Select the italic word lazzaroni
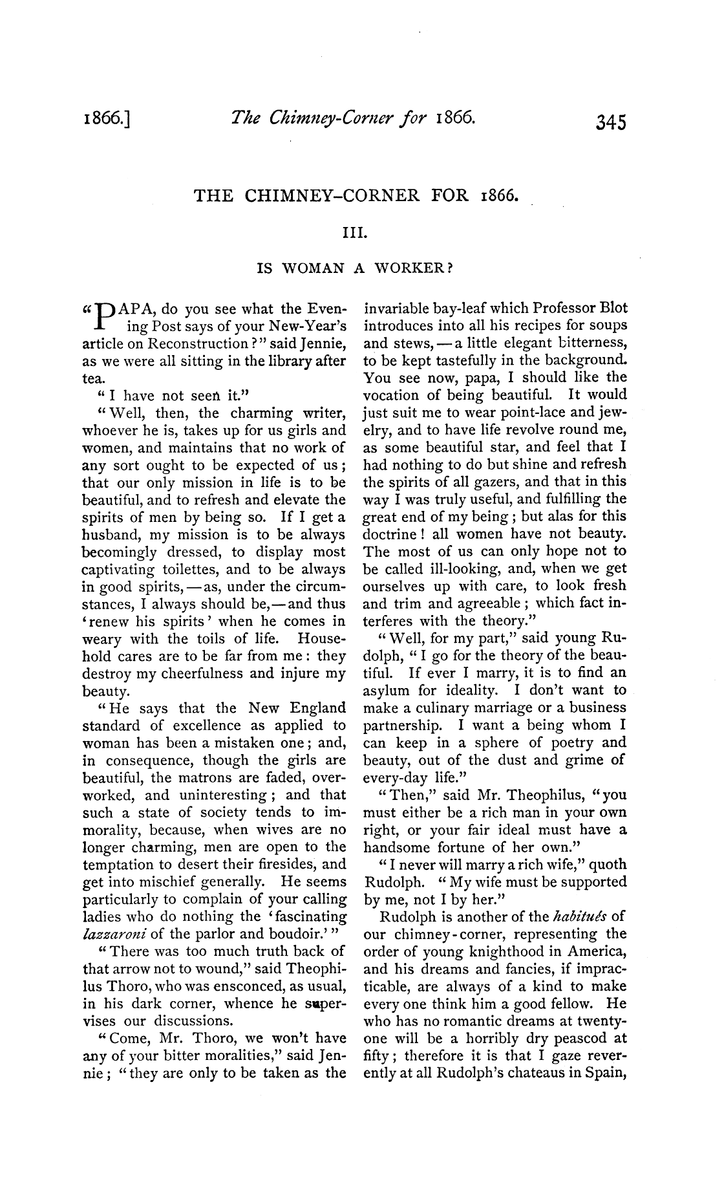click(115, 934)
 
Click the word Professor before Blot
click(561, 308)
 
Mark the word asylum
click(388, 673)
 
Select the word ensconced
click(240, 986)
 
